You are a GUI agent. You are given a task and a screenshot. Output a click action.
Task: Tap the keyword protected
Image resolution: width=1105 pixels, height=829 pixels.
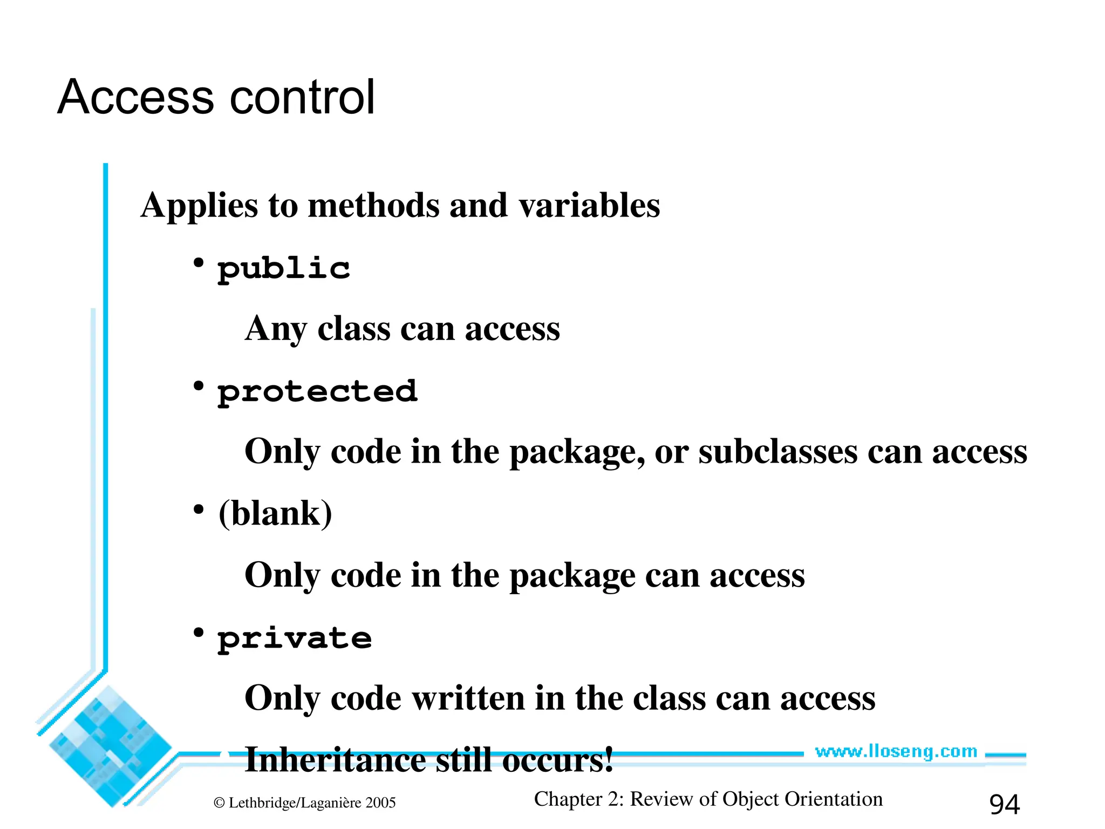point(317,392)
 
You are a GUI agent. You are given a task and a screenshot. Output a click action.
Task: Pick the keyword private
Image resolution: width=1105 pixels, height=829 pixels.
point(295,639)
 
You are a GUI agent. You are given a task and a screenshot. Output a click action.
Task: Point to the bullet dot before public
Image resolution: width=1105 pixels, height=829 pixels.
point(199,263)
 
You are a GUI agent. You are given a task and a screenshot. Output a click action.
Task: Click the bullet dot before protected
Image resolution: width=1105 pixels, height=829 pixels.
point(199,386)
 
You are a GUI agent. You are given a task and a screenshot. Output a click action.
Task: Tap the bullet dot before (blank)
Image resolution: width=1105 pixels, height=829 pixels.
point(199,509)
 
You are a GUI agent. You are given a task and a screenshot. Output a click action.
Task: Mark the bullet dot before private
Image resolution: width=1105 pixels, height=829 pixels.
point(199,632)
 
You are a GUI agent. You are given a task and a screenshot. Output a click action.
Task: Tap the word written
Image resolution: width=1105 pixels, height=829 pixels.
point(468,698)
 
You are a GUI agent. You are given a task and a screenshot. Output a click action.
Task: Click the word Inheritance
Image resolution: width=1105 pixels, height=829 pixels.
point(335,760)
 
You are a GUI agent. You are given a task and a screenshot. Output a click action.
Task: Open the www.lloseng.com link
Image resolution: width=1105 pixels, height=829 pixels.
point(896,752)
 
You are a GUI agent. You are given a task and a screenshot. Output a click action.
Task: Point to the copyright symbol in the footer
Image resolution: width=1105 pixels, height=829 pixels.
point(219,803)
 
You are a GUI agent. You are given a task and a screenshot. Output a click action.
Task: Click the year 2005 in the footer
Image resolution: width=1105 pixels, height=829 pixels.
point(380,803)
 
